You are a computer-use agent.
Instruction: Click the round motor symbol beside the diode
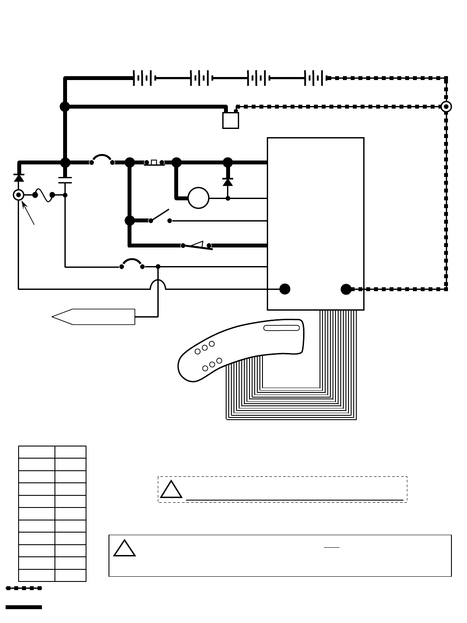(198, 198)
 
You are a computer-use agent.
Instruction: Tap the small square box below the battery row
(230, 120)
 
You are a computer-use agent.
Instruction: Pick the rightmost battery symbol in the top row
(314, 78)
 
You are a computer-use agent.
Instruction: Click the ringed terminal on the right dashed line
(446, 106)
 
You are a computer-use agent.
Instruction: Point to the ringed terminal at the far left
(18, 195)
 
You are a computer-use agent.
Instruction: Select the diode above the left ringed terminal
(19, 177)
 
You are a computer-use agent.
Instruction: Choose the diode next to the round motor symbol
(228, 182)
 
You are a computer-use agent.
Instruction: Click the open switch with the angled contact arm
(160, 216)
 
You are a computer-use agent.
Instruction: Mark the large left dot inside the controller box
(285, 289)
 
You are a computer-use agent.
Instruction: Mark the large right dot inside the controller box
(346, 289)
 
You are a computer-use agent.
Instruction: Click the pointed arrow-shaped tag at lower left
(93, 317)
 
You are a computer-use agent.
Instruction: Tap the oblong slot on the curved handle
(281, 328)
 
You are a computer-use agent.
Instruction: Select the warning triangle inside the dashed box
(171, 490)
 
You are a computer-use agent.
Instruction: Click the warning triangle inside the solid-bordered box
(124, 549)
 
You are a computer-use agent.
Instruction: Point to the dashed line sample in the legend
(24, 588)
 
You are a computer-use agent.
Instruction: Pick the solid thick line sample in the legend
(24, 607)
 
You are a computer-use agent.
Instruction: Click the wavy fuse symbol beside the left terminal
(44, 195)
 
